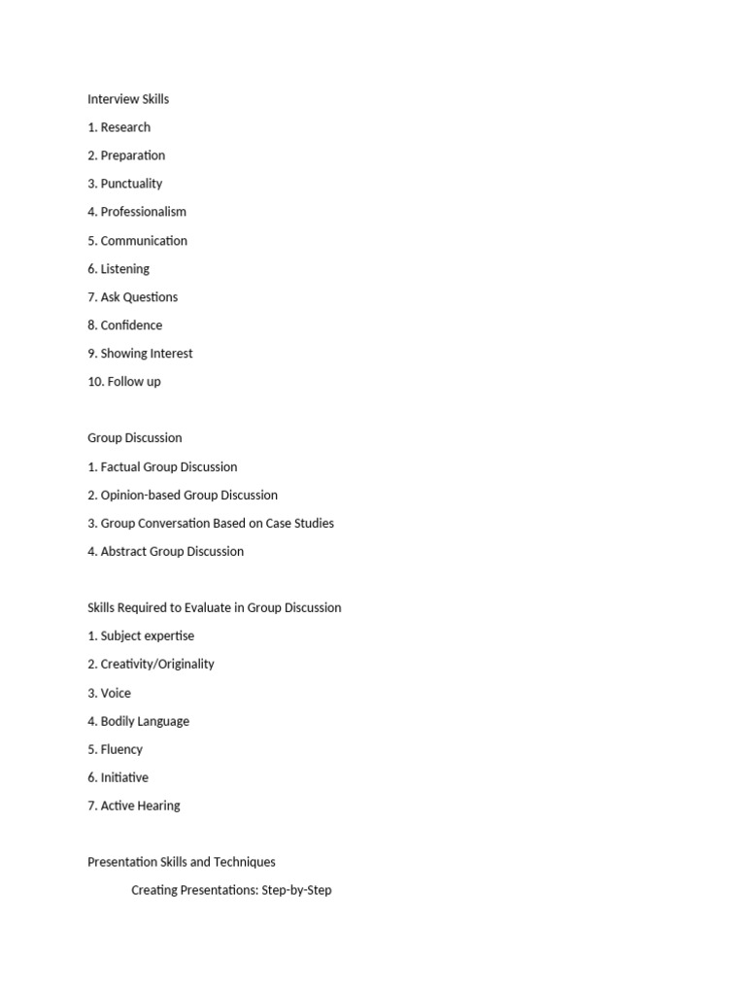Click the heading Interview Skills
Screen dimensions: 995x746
point(128,99)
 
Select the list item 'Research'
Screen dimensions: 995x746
point(125,127)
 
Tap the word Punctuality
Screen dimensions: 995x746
point(131,184)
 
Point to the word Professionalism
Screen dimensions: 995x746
point(143,212)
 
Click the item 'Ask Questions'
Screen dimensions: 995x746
point(139,297)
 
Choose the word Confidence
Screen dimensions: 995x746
point(131,326)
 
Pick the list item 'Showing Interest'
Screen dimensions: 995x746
point(147,354)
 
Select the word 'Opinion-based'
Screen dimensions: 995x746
point(140,496)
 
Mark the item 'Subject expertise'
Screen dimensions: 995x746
point(147,636)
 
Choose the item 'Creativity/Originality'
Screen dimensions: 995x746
point(157,665)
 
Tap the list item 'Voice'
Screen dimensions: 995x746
point(116,694)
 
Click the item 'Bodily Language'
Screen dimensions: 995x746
point(145,722)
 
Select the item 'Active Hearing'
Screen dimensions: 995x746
point(140,806)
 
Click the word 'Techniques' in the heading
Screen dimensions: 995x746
point(243,862)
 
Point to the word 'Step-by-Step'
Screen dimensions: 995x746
point(296,890)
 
